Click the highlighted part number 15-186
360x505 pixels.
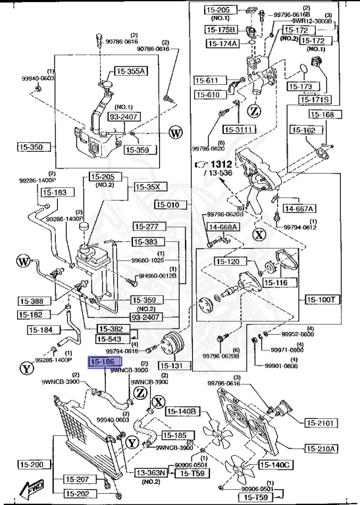click(x=102, y=362)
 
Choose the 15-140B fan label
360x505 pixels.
click(x=182, y=412)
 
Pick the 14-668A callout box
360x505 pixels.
click(x=223, y=227)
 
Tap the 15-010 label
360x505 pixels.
click(x=172, y=204)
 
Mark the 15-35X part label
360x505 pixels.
click(x=147, y=187)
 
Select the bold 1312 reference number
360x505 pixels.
click(x=222, y=164)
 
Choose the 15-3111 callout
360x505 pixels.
click(x=238, y=130)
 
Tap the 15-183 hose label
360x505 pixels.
click(x=55, y=193)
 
